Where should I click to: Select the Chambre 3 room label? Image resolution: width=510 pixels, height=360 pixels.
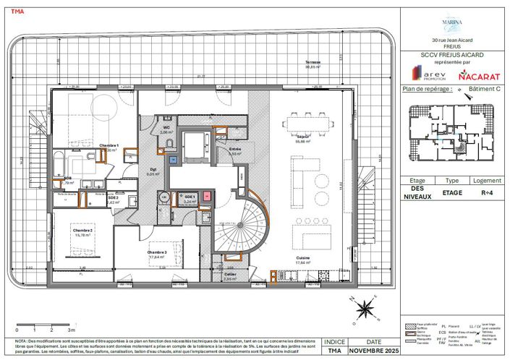pyautogui.click(x=158, y=252)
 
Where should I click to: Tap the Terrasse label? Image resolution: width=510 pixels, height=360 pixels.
pyautogui.click(x=313, y=64)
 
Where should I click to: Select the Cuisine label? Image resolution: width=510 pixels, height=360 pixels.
pyautogui.click(x=302, y=259)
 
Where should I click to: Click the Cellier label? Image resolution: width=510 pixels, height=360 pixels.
pyautogui.click(x=230, y=275)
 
